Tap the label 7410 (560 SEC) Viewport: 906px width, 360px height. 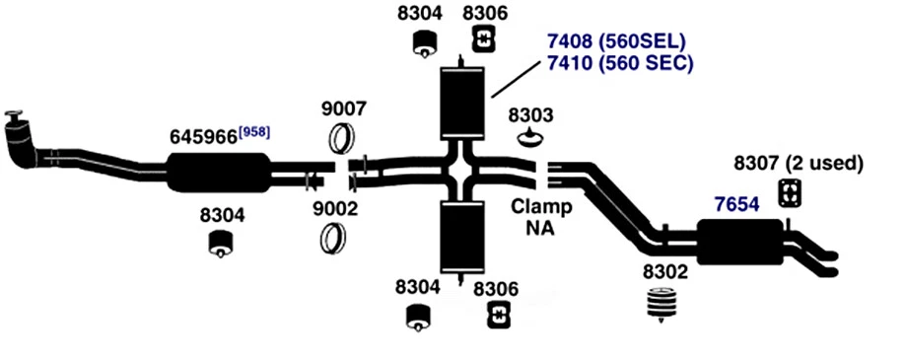[x=620, y=63]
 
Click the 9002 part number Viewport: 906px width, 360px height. [x=335, y=209]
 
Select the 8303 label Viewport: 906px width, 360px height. [x=530, y=113]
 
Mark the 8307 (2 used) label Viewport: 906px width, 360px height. [x=799, y=162]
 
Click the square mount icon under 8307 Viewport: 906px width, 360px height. [x=790, y=193]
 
